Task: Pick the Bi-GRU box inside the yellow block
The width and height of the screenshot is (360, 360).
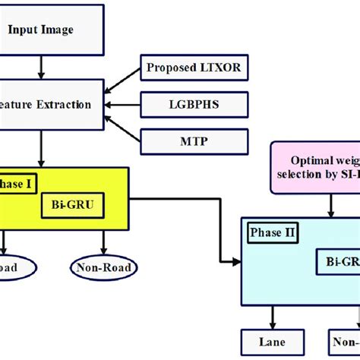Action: tap(71, 205)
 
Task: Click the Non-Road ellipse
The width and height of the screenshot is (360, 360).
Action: tap(103, 267)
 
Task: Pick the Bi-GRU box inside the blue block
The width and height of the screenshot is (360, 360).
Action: tap(338, 261)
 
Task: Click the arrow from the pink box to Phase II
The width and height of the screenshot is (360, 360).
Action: tap(327, 204)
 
